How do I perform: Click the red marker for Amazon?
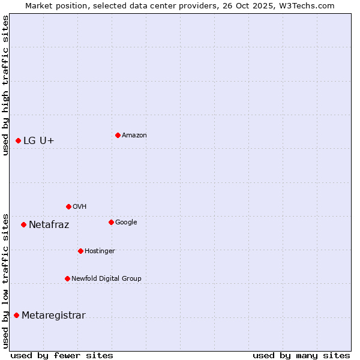pyautogui.click(x=118, y=135)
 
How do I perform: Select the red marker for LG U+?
pyautogui.click(x=18, y=140)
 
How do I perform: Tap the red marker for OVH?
pyautogui.click(x=68, y=206)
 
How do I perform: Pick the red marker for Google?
pyautogui.click(x=111, y=222)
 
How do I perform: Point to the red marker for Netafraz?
pyautogui.click(x=23, y=224)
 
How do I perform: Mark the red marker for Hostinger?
pyautogui.click(x=80, y=251)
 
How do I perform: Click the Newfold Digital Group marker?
pyautogui.click(x=67, y=278)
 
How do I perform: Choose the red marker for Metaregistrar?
pyautogui.click(x=16, y=315)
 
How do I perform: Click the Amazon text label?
pyautogui.click(x=134, y=136)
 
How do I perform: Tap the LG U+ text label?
pyautogui.click(x=39, y=140)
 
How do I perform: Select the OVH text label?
pyautogui.click(x=80, y=207)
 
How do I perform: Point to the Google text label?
pyautogui.click(x=126, y=223)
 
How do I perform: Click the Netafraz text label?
pyautogui.click(x=49, y=225)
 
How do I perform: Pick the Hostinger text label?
pyautogui.click(x=100, y=251)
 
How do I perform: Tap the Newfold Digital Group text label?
pyautogui.click(x=107, y=278)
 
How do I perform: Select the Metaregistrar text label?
pyautogui.click(x=54, y=316)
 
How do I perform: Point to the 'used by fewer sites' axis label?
pyautogui.click(x=62, y=355)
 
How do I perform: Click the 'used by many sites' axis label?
pyautogui.click(x=301, y=355)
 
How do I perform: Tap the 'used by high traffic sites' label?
pyautogui.click(x=6, y=85)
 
